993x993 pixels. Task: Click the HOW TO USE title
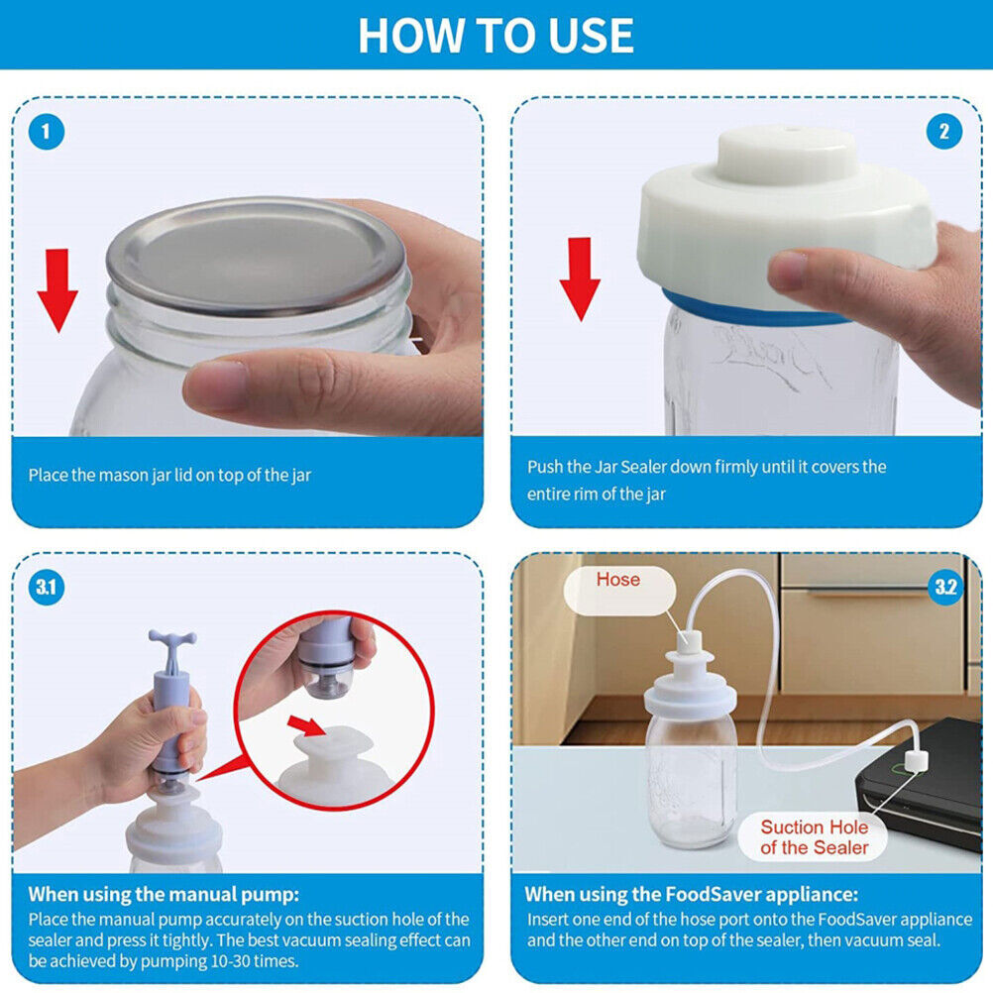click(x=496, y=35)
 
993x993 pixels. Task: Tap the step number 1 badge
click(x=46, y=131)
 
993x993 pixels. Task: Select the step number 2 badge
click(x=943, y=131)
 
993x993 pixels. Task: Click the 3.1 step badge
click(x=46, y=588)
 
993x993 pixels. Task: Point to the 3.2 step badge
click(x=945, y=588)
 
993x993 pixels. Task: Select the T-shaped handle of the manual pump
click(x=171, y=645)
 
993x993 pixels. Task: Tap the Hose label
click(x=617, y=580)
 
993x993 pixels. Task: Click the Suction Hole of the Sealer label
click(x=814, y=837)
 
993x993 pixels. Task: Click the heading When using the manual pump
click(x=164, y=894)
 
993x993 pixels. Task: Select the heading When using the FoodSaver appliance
click(x=692, y=894)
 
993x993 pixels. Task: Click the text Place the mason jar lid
click(x=169, y=476)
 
